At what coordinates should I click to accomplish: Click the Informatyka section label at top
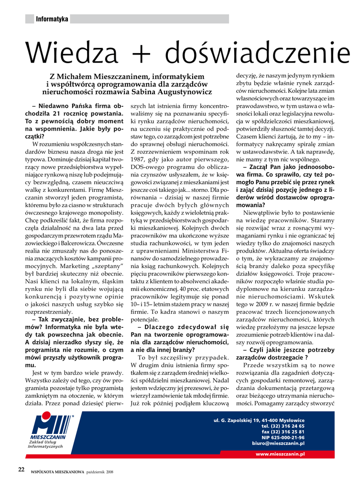52,19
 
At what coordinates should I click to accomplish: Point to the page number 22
22,469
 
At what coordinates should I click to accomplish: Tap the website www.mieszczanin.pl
280,454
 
